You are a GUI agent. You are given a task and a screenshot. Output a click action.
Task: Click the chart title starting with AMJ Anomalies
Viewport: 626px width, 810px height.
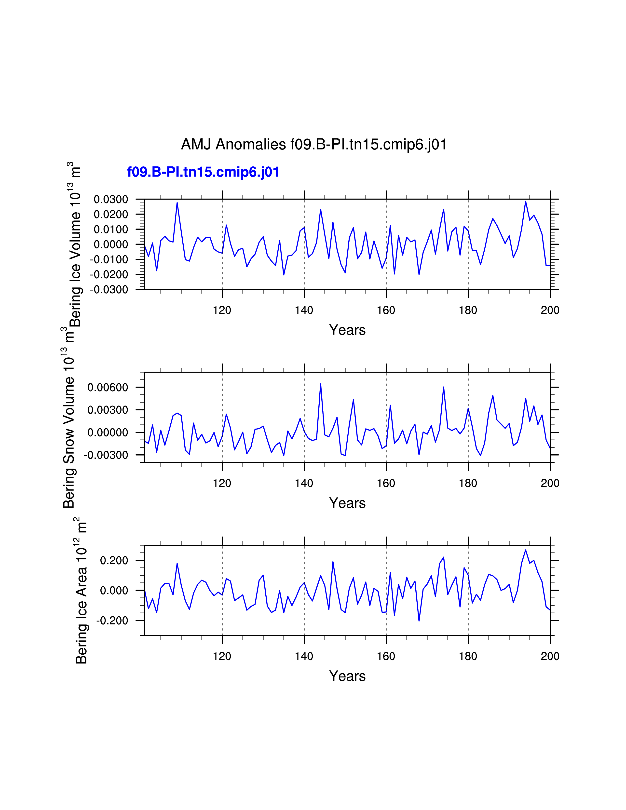click(x=314, y=144)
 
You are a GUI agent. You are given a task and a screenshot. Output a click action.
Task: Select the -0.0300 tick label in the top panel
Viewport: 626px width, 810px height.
click(x=109, y=290)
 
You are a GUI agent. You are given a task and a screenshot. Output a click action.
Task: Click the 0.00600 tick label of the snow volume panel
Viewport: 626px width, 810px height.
click(x=108, y=388)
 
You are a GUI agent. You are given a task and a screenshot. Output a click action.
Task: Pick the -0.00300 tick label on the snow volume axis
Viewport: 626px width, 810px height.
click(x=106, y=455)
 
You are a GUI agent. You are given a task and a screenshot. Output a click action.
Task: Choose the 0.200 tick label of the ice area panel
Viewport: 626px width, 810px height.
click(x=114, y=560)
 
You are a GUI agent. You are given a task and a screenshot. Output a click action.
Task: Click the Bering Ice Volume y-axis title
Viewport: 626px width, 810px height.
click(x=75, y=245)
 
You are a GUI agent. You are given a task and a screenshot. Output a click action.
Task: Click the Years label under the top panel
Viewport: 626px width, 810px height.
click(x=347, y=330)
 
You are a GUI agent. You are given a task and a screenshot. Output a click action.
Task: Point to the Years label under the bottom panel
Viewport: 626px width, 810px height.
click(x=347, y=676)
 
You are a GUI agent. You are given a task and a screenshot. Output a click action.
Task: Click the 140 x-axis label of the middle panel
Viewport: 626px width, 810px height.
click(x=304, y=483)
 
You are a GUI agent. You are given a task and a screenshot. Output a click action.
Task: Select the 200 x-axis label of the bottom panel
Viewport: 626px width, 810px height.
click(x=550, y=656)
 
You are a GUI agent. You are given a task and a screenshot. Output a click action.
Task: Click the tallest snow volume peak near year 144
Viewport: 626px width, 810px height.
click(x=320, y=384)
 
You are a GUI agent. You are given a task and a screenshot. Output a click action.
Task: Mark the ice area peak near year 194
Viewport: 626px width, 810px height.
click(x=526, y=550)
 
